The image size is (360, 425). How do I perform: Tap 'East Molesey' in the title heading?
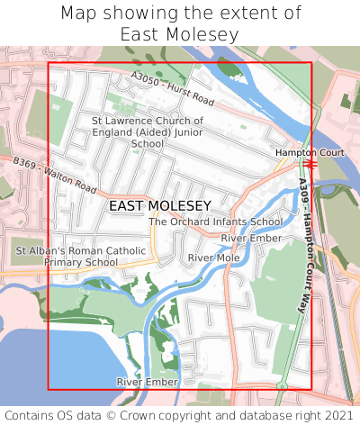180,34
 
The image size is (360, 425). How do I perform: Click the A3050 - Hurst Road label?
172,87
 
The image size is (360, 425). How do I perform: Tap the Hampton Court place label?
310,153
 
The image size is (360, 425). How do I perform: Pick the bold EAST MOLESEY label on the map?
159,206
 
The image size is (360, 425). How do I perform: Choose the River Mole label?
213,258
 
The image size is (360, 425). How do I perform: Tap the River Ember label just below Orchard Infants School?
251,238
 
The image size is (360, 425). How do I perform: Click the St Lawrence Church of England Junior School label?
148,131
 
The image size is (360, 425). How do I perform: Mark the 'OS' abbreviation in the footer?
66,415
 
